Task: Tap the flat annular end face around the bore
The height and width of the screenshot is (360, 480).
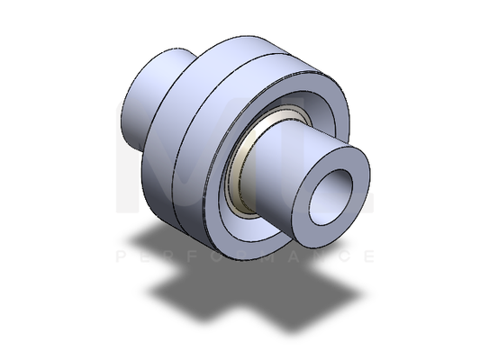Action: click(x=352, y=167)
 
